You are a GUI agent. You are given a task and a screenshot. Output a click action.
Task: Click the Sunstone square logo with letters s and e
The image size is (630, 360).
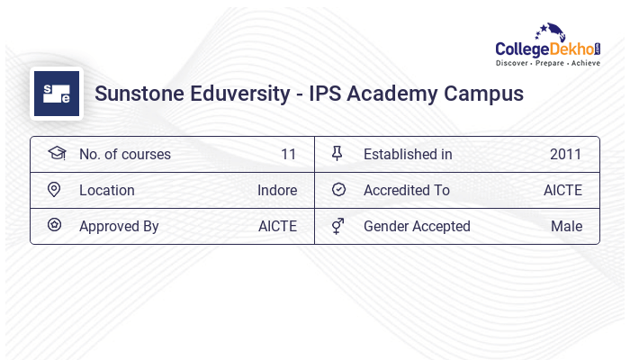57,94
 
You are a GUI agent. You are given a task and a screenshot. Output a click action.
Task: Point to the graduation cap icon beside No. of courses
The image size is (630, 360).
56,154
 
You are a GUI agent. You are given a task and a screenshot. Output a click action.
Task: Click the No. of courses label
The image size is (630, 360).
125,154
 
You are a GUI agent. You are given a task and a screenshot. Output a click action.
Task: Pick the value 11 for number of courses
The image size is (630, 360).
288,154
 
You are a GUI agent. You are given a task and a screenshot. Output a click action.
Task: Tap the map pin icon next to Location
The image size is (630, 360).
54,190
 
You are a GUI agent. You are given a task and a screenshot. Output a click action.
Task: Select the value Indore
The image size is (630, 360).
276,190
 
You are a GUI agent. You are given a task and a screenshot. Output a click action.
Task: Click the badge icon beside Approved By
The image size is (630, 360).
55,226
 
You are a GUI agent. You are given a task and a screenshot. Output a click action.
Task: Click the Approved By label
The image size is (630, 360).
119,226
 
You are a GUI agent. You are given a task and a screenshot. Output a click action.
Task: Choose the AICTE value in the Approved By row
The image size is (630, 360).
277,226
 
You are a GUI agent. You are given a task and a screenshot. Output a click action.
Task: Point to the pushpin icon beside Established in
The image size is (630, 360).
337,154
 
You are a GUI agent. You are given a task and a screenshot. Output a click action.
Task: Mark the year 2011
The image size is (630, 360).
566,154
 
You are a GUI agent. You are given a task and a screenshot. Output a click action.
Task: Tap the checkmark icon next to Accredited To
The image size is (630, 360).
338,190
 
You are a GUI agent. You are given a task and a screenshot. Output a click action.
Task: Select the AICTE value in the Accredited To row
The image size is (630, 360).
562,190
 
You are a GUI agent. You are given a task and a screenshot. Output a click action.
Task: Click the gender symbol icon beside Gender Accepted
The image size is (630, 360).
337,226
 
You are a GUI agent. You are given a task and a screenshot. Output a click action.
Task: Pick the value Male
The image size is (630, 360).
566,226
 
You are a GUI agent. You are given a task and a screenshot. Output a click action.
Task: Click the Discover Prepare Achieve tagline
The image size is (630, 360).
548,64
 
